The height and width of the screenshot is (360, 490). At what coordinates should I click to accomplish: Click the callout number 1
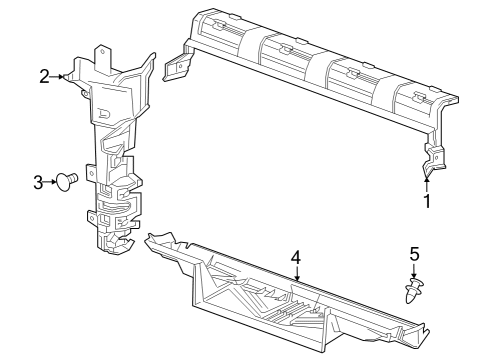click(427, 201)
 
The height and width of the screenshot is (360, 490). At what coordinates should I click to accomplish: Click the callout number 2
click(45, 75)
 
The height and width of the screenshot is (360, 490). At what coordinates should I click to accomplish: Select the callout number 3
click(38, 182)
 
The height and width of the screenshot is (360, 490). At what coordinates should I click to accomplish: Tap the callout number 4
click(296, 257)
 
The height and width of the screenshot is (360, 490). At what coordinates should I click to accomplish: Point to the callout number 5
click(414, 255)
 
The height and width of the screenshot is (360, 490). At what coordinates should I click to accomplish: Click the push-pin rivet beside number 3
click(69, 181)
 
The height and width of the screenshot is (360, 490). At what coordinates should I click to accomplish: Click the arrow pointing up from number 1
click(427, 181)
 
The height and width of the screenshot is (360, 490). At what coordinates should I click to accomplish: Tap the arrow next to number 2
click(60, 76)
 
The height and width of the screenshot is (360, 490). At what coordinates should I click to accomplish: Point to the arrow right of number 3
click(51, 182)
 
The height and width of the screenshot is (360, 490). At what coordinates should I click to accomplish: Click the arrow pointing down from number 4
click(297, 275)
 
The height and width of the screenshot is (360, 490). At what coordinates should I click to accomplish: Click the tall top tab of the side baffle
click(103, 55)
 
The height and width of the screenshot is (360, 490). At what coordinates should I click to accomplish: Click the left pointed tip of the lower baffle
click(150, 238)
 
